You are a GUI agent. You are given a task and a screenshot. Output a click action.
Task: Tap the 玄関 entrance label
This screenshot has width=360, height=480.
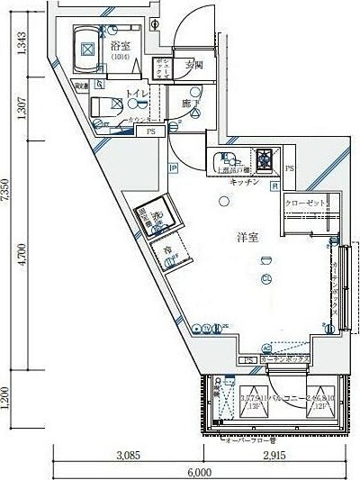click(194, 64)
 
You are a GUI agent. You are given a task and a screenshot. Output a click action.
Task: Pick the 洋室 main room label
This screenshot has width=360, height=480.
click(248, 237)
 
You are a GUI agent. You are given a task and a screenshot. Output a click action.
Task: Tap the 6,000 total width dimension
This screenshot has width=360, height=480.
click(200, 472)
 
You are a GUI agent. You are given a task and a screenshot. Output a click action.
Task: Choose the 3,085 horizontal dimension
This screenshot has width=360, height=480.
click(128, 457)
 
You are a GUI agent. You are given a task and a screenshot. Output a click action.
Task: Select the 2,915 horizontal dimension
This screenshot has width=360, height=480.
click(274, 457)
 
